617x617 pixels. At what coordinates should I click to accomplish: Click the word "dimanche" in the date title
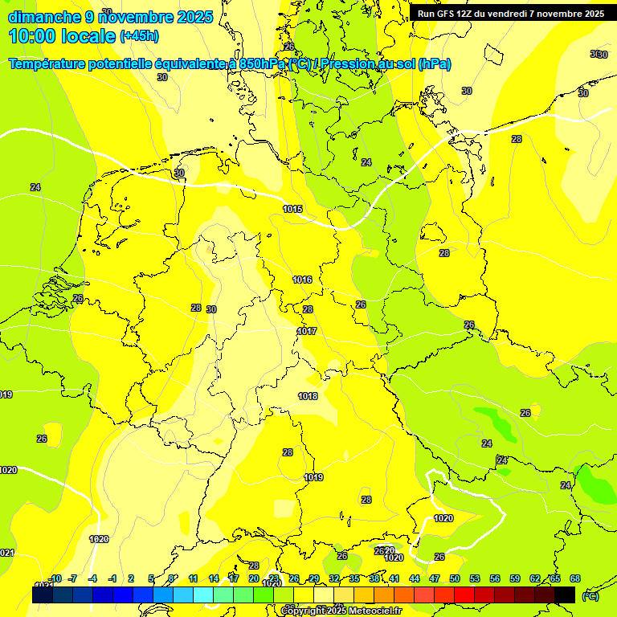tap(45, 17)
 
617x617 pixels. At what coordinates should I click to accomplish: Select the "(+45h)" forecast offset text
tap(139, 36)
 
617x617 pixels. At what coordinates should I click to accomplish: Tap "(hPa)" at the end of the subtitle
tap(434, 64)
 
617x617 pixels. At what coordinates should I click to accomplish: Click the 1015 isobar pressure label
tap(292, 209)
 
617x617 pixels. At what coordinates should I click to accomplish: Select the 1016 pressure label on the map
tap(302, 280)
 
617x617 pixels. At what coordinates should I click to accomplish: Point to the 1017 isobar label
tap(307, 331)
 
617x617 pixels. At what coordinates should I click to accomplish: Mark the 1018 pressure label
tap(308, 396)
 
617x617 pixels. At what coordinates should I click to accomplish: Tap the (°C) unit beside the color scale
tap(590, 596)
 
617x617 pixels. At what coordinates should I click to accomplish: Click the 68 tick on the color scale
tap(575, 578)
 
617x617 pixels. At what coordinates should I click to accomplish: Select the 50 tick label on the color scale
tap(455, 578)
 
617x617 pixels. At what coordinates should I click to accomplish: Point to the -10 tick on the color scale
tap(55, 578)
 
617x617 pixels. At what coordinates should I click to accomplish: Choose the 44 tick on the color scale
tap(415, 578)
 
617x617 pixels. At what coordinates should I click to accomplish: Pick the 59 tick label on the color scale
tap(515, 578)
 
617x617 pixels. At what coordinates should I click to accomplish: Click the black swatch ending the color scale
tap(565, 595)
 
